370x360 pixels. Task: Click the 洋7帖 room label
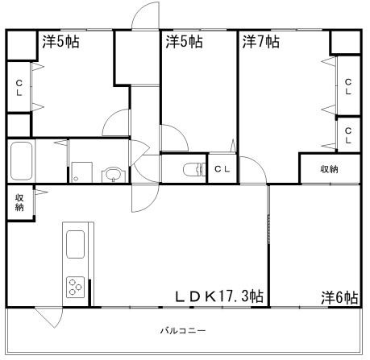(x=260, y=42)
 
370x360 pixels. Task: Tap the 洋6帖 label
(x=340, y=297)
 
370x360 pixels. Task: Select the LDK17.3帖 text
(x=220, y=297)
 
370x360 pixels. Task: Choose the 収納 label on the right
(x=329, y=169)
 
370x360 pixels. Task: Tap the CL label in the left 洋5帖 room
(x=18, y=88)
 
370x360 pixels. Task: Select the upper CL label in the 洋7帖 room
(x=347, y=87)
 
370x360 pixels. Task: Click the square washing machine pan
(x=81, y=172)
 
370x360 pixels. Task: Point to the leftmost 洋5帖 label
(x=60, y=42)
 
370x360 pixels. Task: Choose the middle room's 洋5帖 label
(x=184, y=42)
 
